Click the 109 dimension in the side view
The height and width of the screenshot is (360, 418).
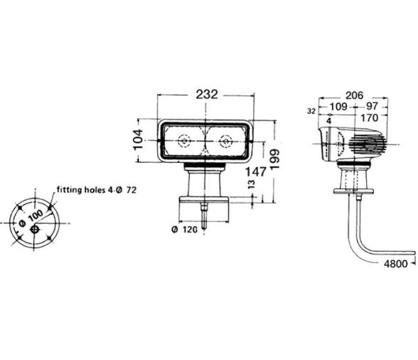coord(338,107)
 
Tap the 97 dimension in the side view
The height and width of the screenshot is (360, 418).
coord(372,107)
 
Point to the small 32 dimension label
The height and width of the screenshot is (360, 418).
coord(311,111)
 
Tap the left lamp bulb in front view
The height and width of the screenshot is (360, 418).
coord(185,141)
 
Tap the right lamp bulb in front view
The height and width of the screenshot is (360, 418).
coord(226,141)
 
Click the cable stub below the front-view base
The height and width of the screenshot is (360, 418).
coord(205,216)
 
